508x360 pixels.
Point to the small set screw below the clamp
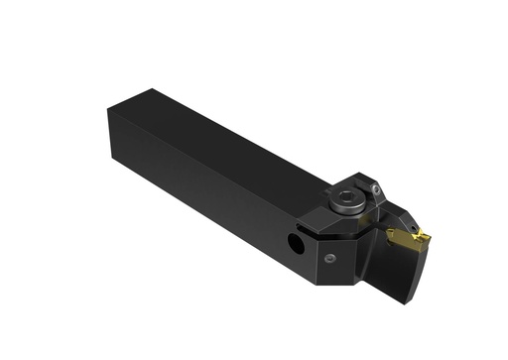pyautogui.click(x=329, y=258)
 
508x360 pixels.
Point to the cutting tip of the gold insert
pyautogui.click(x=427, y=235)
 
